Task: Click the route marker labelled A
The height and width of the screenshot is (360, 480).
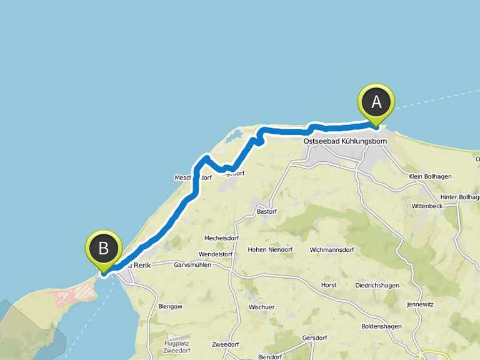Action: [x=376, y=102]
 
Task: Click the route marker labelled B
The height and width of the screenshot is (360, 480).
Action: [x=103, y=249]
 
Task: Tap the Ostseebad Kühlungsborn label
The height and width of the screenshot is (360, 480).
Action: [x=345, y=141]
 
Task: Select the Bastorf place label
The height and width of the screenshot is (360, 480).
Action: [x=267, y=211]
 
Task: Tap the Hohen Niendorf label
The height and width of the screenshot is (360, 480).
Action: [x=270, y=250]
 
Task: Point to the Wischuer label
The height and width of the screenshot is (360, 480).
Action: [x=261, y=307]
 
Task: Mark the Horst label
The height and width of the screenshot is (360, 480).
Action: [x=329, y=285]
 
